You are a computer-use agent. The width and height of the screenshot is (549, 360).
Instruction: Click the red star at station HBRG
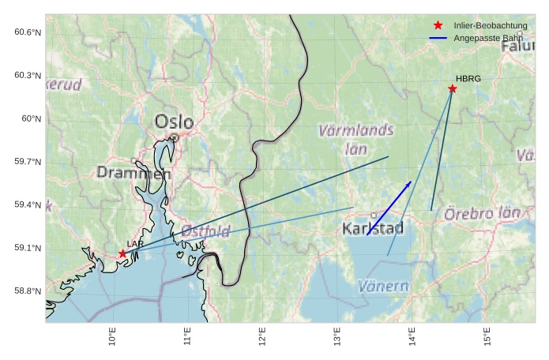click(453, 88)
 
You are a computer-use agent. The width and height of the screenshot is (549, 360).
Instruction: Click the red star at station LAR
click(122, 253)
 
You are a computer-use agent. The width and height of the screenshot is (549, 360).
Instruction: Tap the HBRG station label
click(468, 78)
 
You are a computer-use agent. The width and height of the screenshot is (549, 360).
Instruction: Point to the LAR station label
click(134, 244)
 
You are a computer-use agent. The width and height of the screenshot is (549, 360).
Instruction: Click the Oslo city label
click(174, 122)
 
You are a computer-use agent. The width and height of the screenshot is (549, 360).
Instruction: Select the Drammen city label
click(133, 172)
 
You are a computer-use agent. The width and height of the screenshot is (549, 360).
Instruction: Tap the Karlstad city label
click(373, 229)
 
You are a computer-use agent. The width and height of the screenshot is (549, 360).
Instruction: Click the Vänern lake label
click(383, 286)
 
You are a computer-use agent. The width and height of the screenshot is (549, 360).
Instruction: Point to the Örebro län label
click(482, 213)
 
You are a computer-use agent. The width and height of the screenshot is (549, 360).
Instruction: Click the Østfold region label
click(205, 231)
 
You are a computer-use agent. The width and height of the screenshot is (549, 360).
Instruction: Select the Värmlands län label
click(355, 137)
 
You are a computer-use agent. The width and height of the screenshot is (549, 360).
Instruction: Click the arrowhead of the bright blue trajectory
click(409, 183)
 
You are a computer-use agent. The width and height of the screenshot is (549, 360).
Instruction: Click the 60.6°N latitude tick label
click(27, 32)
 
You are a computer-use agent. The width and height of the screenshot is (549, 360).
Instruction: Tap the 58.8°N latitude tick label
click(27, 291)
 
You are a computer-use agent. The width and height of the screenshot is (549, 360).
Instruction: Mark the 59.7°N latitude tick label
click(27, 162)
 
